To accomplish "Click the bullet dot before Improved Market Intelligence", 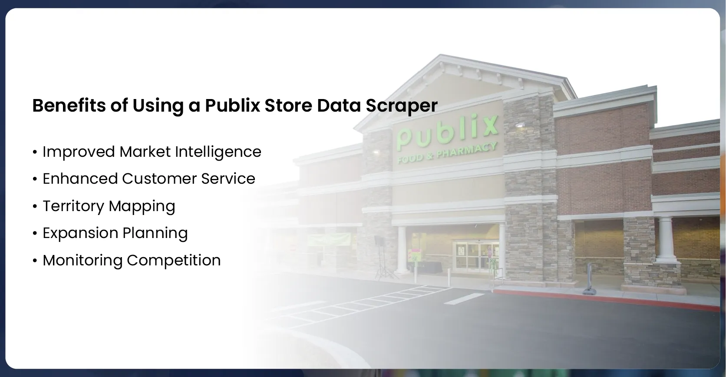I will [x=35, y=152].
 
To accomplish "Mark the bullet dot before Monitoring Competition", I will [x=35, y=261].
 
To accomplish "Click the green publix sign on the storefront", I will [x=447, y=132].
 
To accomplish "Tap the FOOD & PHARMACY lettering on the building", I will [x=447, y=154].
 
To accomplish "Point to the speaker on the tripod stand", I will [x=378, y=240].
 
